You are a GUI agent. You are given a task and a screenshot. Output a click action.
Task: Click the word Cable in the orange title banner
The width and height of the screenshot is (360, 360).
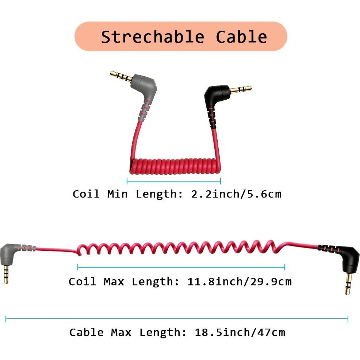[x=241, y=37]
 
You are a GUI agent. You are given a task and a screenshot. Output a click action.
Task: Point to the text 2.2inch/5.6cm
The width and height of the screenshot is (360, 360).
[x=236, y=194]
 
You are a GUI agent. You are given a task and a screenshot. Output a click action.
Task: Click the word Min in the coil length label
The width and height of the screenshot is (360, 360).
[x=117, y=194]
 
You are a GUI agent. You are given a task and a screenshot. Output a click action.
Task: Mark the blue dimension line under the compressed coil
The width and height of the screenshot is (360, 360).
[x=173, y=181]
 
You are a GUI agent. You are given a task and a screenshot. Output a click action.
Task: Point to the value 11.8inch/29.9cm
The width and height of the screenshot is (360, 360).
[x=239, y=282]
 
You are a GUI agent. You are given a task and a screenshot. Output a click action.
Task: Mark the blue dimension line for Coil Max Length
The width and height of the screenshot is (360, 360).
[x=181, y=267]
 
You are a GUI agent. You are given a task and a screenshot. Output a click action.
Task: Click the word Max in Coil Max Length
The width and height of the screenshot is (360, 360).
[x=114, y=282]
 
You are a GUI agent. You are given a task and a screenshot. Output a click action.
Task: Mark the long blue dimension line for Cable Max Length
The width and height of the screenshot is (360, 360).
[x=177, y=319]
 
